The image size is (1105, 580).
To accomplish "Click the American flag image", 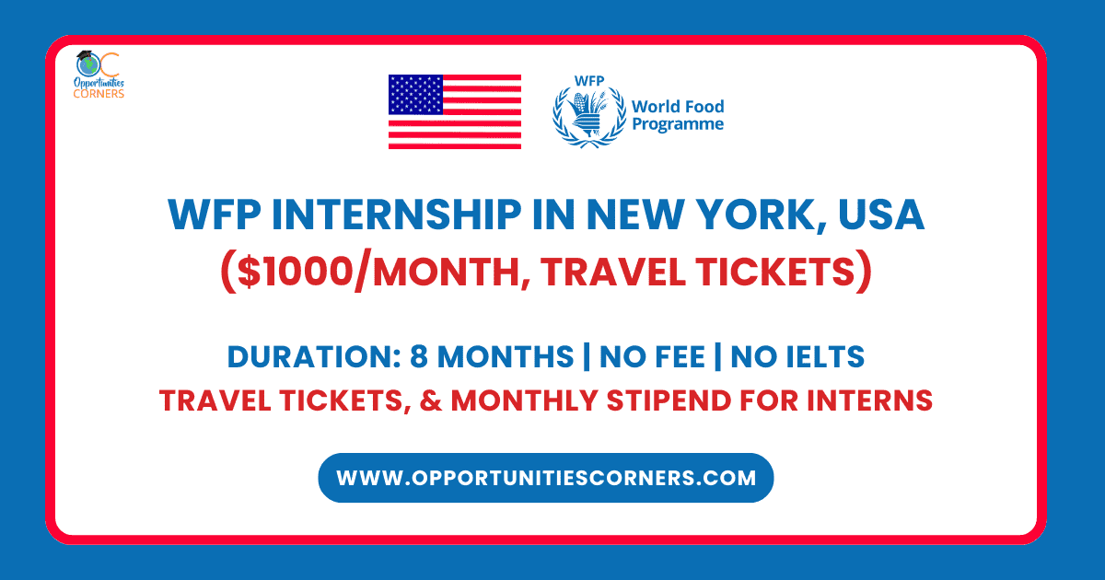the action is tap(455, 112).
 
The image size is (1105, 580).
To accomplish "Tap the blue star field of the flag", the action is tap(415, 95).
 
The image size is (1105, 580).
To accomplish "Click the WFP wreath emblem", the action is tap(589, 116).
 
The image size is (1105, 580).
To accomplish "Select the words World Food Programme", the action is tap(678, 115).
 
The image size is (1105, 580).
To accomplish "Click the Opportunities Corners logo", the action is tap(99, 75).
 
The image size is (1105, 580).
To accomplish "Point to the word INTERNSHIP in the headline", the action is tap(397, 215).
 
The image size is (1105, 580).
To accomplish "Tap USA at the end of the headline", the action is tap(881, 215).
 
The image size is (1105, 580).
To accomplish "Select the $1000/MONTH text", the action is tap(377, 272).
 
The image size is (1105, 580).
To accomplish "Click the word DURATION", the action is tap(314, 356).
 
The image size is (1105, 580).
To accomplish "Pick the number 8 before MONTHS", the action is tap(418, 356).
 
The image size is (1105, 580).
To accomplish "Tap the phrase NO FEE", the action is tap(652, 356).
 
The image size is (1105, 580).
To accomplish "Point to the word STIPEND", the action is tap(669, 400).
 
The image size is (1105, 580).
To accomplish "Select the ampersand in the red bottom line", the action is tap(431, 400).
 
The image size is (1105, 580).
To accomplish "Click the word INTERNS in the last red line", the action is tap(869, 400).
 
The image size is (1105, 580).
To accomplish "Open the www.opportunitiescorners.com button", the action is tap(546, 478).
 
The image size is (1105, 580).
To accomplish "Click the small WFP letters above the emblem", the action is tap(589, 81).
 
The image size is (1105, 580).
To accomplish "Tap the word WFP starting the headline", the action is tap(215, 215).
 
